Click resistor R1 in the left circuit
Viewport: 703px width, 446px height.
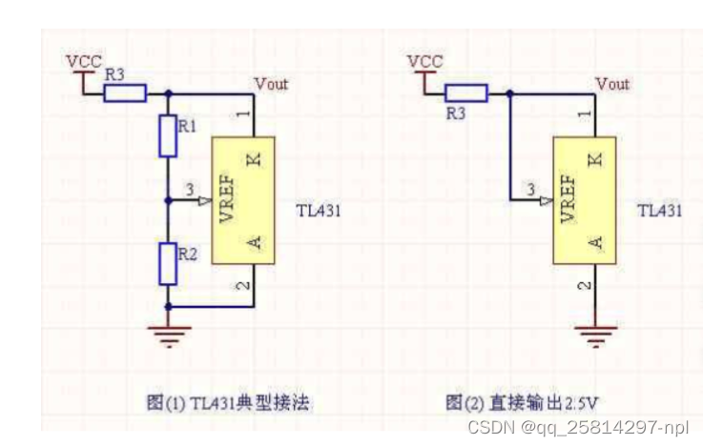tap(169, 135)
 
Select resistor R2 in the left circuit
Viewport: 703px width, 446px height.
tap(169, 264)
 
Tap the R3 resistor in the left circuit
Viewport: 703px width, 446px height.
tap(125, 92)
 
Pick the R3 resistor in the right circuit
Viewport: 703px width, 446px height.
tap(465, 92)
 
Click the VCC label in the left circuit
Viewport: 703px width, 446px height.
tap(83, 61)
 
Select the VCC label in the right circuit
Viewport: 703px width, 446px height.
tap(424, 61)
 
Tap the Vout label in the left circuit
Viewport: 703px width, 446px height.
tap(270, 84)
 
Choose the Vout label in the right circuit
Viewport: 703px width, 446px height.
tap(612, 84)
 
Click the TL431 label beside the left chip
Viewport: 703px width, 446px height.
tap(318, 211)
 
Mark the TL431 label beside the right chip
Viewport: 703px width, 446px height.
tap(659, 211)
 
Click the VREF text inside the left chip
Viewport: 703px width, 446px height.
tap(227, 198)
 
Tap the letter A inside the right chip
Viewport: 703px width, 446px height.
tap(595, 244)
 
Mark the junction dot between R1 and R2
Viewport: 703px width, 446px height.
tap(169, 201)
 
